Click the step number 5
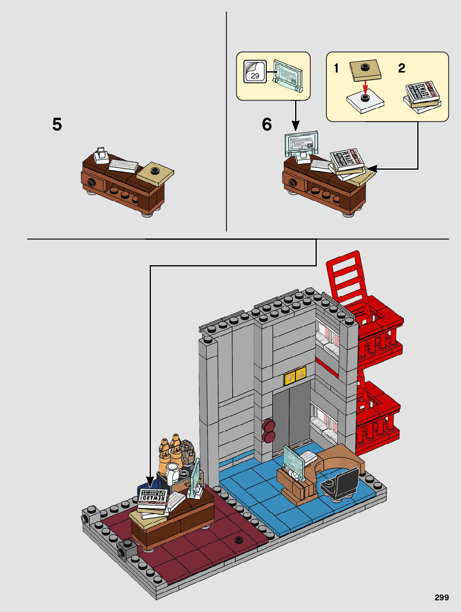tap(57, 124)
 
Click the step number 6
tap(267, 124)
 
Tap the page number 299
tap(441, 597)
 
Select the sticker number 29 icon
tap(255, 72)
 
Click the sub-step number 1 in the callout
tap(336, 68)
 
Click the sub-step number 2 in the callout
tap(401, 68)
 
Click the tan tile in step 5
tap(155, 173)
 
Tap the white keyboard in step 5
tap(123, 166)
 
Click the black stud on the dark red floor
tap(239, 539)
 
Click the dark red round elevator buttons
tap(268, 431)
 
